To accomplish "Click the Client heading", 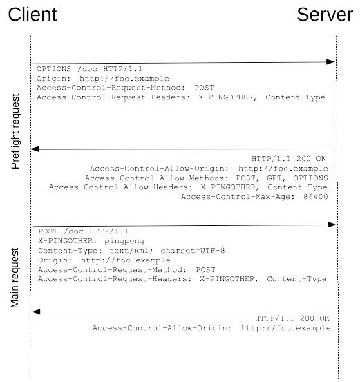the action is coord(32,15).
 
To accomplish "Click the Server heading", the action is coord(325,15).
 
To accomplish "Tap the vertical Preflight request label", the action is coord(15,131).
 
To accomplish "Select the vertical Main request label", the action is coord(15,278).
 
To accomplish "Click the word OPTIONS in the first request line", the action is coord(54,69).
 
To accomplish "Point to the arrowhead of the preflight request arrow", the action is coord(331,62).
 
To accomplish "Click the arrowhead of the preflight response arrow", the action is coord(35,149).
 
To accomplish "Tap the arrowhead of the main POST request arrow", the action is coord(332,225).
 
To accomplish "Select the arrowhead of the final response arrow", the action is coord(36,312).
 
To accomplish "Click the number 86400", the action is coord(316,197).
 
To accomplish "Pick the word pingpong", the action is coord(124,241).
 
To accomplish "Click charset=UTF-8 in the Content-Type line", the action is coord(193,251).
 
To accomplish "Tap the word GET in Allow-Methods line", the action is coord(274,178).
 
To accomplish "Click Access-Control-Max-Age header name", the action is coord(236,197).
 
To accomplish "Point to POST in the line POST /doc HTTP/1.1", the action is coord(48,231).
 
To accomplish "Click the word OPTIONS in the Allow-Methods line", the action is coord(310,178).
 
